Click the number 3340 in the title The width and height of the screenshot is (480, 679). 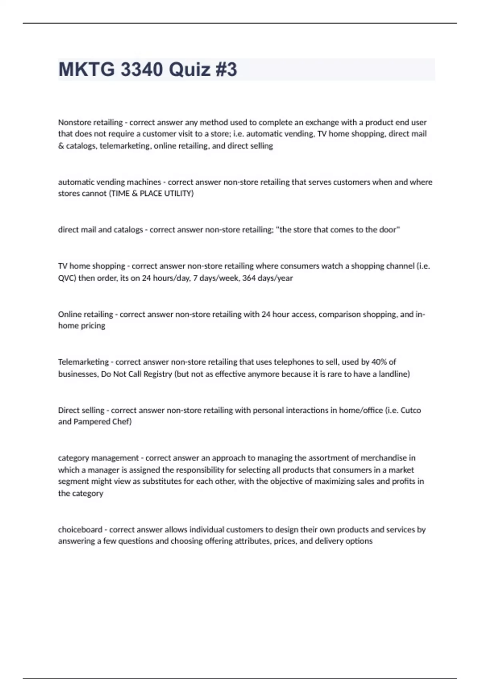tap(142, 69)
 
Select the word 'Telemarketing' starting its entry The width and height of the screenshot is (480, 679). tap(83, 362)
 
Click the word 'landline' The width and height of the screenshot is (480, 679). tap(393, 374)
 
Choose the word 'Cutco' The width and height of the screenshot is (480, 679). tap(410, 410)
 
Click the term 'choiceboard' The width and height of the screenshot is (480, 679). tap(80, 530)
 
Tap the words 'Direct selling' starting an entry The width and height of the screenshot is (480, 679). tap(81, 410)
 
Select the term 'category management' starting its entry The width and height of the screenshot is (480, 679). tap(98, 458)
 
